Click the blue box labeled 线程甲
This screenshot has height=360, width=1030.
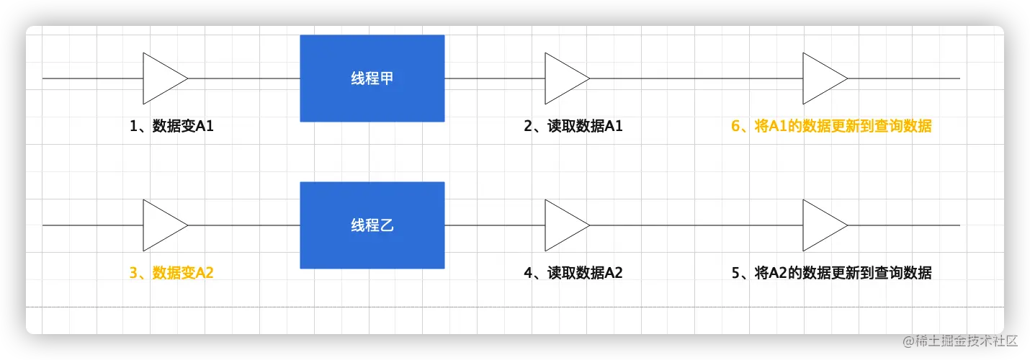(x=372, y=78)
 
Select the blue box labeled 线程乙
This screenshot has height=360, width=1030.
(x=372, y=225)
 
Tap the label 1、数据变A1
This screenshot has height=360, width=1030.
(x=171, y=126)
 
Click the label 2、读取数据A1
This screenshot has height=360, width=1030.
(x=573, y=126)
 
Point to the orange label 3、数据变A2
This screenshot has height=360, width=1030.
(x=171, y=273)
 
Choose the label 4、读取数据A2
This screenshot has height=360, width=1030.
(x=573, y=273)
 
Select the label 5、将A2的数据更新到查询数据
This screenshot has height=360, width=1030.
(x=831, y=273)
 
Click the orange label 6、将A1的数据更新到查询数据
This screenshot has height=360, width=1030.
(x=831, y=126)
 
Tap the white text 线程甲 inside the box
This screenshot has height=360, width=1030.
(x=372, y=78)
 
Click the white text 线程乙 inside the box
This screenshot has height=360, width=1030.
(x=372, y=225)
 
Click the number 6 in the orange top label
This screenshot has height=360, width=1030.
(x=735, y=126)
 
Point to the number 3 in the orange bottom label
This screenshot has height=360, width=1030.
(x=133, y=273)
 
